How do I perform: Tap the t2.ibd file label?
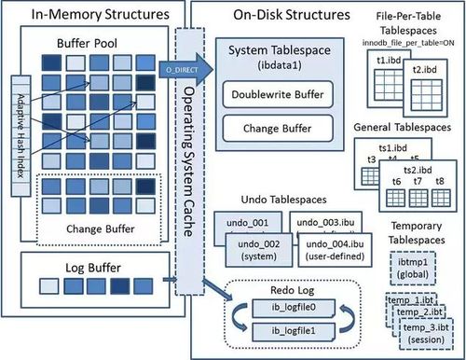(x=427, y=69)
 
